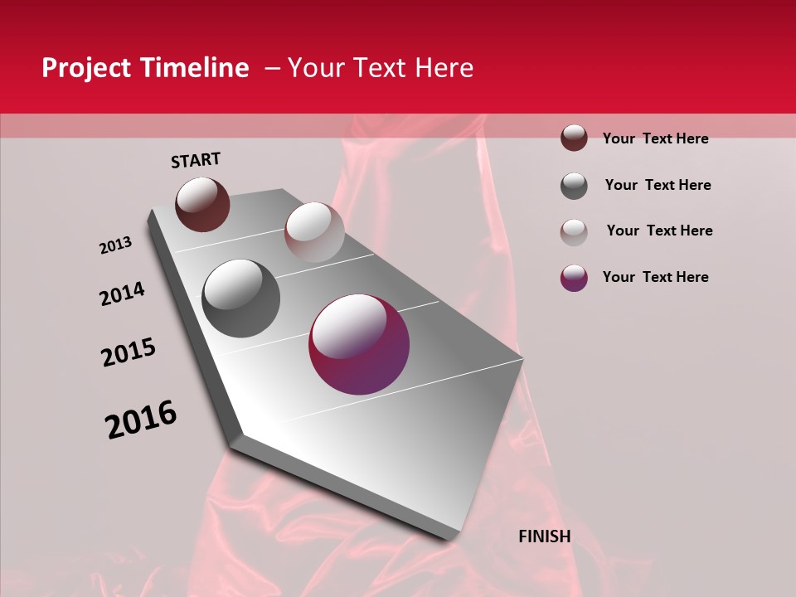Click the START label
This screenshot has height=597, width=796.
196,160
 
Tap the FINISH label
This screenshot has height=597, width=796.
544,536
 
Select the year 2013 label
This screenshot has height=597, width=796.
115,245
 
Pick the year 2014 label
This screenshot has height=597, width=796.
122,294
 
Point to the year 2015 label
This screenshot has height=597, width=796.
129,352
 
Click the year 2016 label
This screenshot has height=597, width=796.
141,420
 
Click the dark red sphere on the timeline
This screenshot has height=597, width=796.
202,204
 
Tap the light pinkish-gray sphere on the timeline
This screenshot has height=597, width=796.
314,232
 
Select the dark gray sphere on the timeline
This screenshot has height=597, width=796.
241,298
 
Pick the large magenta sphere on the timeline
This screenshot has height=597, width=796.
359,344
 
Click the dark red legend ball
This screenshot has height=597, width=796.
574,138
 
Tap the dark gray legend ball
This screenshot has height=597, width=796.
574,186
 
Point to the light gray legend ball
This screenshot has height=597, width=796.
574,232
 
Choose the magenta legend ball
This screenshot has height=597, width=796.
574,278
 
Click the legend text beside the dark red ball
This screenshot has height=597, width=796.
655,138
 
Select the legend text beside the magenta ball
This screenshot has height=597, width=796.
655,277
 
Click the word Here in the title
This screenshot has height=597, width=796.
444,68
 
